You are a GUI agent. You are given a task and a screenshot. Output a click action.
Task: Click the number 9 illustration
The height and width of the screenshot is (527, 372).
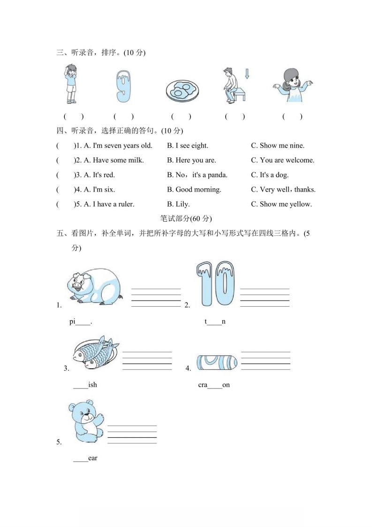click(123, 86)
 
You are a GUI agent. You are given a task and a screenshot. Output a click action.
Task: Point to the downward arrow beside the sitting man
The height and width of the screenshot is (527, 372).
click(247, 74)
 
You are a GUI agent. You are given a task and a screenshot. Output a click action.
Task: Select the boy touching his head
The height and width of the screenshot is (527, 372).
click(71, 84)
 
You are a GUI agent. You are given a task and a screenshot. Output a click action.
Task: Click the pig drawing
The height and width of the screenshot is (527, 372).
click(94, 286)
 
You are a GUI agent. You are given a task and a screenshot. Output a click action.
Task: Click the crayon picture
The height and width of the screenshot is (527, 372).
click(217, 363)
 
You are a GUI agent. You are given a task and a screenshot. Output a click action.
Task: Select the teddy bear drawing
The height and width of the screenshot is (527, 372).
click(86, 421)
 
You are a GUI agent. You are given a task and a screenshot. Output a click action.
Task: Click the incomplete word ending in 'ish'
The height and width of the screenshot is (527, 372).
click(85, 385)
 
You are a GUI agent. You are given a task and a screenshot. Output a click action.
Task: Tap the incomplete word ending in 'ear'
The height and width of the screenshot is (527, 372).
click(85, 458)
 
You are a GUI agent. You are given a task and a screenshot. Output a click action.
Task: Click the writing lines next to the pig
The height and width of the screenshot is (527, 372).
click(156, 297)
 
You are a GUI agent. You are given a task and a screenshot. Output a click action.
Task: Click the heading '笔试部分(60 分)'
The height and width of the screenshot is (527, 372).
click(186, 219)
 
